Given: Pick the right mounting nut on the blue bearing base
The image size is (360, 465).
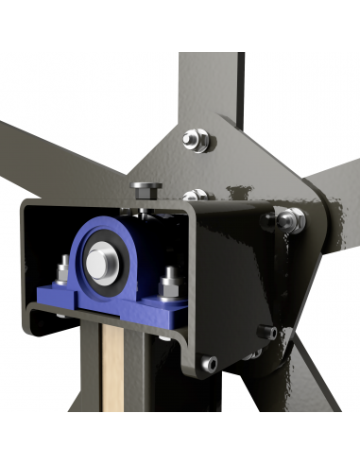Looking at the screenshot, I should click(x=171, y=281).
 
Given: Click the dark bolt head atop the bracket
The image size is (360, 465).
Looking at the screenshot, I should click(x=145, y=187).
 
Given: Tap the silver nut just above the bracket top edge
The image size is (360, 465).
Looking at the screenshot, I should click(x=197, y=197).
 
